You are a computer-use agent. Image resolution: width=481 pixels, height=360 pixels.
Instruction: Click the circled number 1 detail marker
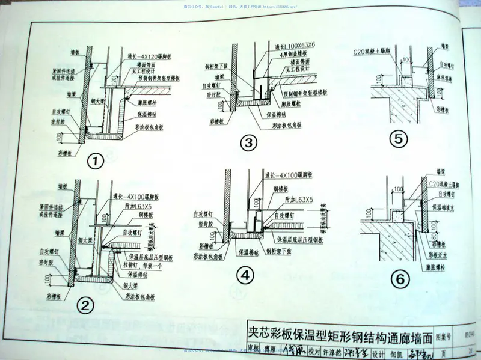click(96, 161)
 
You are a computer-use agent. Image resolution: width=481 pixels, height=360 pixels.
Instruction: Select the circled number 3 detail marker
click(248, 142)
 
